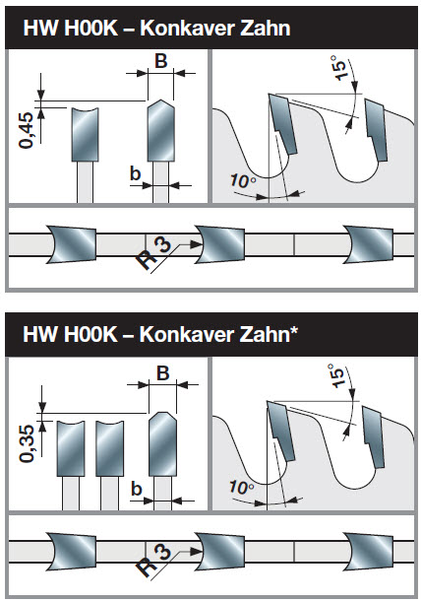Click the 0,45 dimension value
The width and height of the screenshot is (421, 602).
pyautogui.click(x=27, y=130)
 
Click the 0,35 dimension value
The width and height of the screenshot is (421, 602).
pyautogui.click(x=27, y=443)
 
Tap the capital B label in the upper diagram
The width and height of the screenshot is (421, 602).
pyautogui.click(x=161, y=61)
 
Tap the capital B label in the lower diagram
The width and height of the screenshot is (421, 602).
pyautogui.click(x=163, y=372)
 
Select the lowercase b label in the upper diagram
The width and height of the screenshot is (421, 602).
pyautogui.click(x=135, y=173)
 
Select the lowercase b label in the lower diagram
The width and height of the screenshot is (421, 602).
pyautogui.click(x=137, y=489)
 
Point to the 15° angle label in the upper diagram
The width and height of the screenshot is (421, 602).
pyautogui.click(x=339, y=68)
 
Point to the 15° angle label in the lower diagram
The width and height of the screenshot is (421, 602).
pyautogui.click(x=336, y=375)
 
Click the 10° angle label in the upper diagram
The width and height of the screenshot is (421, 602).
pyautogui.click(x=243, y=181)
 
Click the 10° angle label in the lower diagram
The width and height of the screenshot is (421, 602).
pyautogui.click(x=241, y=488)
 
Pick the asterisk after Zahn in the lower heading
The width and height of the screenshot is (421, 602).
pyautogui.click(x=294, y=330)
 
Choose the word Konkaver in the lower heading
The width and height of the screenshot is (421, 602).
pyautogui.click(x=187, y=334)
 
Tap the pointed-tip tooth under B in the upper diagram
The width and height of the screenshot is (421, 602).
pyautogui.click(x=161, y=130)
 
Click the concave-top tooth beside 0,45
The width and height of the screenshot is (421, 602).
pyautogui.click(x=86, y=134)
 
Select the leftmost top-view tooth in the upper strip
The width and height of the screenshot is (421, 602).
pyautogui.click(x=72, y=244)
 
